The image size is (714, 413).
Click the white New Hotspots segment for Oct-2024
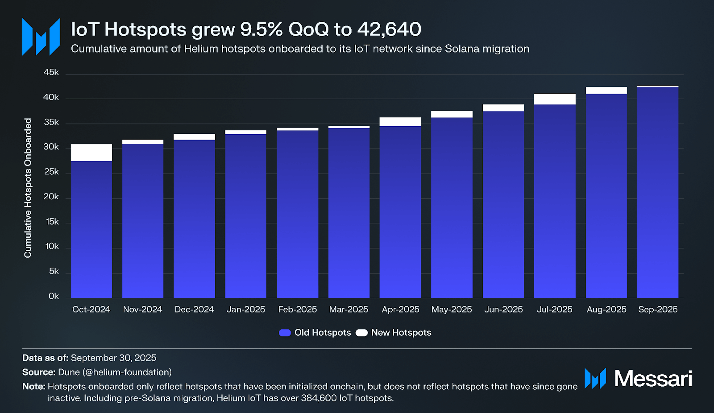pos(91,153)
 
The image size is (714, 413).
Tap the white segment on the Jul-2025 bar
pos(555,99)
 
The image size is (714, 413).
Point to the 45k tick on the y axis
pos(51,72)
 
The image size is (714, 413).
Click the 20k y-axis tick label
pos(51,197)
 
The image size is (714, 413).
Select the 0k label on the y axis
pos(54,296)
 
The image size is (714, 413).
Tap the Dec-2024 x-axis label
pos(194,310)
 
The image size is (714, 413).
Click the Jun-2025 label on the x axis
pos(503,310)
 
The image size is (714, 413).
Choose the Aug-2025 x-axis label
pos(606,310)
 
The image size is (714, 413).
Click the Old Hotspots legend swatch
pos(285,333)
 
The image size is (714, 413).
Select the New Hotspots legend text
pos(401,333)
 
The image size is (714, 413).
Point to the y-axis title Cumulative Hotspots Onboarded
pos(28,188)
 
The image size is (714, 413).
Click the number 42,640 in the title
pos(389,30)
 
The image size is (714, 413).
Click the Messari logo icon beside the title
pos(41,37)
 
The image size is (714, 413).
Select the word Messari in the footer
pos(653,379)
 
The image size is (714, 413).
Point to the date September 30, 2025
pos(113,358)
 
